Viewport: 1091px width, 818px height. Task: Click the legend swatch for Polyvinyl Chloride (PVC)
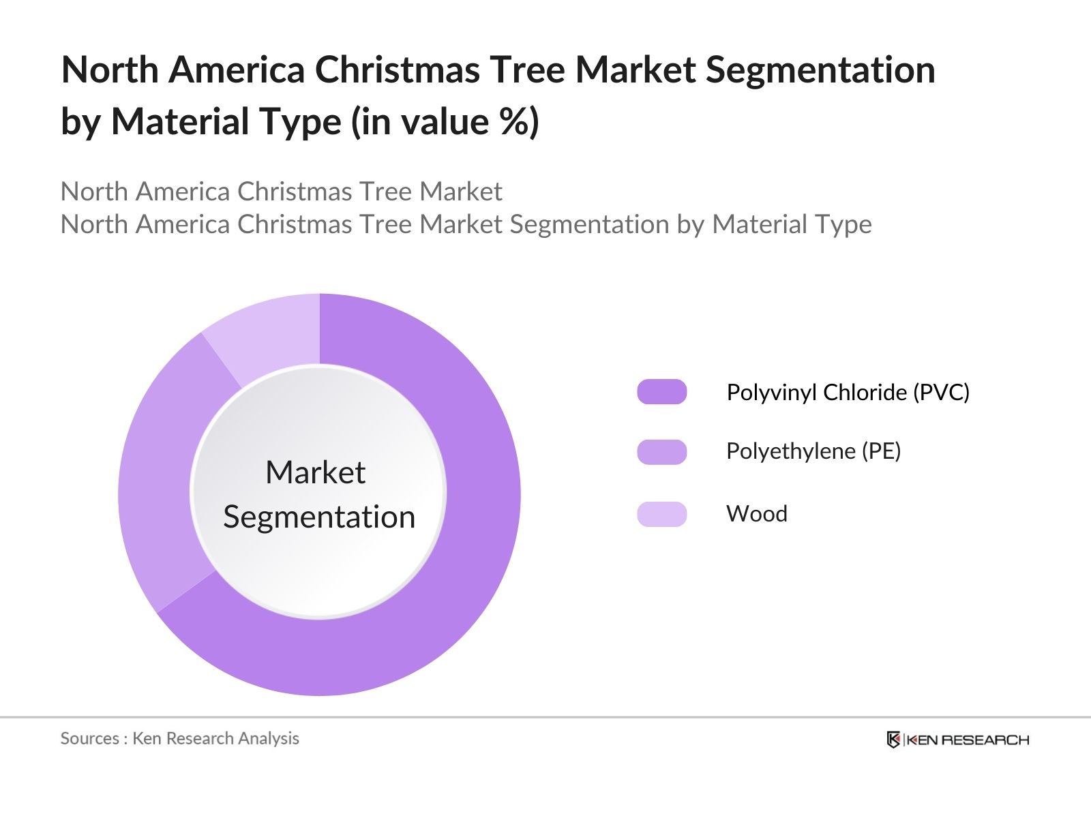(661, 392)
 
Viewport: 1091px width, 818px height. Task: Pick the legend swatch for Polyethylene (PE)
(661, 452)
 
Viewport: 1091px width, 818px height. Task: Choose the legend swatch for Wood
(661, 514)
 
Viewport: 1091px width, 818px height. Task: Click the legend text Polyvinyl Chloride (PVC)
(848, 393)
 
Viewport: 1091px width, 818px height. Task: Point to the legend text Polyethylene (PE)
(813, 451)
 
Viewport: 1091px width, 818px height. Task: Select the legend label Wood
(757, 514)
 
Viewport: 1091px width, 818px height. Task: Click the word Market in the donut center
(315, 472)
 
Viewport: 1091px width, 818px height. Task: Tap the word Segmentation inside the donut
(319, 517)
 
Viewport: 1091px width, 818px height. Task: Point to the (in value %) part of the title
(445, 122)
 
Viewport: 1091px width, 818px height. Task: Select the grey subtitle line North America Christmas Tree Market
(281, 192)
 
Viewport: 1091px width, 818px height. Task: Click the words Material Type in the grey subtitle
(792, 224)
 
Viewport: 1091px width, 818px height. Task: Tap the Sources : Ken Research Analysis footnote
(179, 738)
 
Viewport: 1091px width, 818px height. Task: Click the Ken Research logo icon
(893, 740)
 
